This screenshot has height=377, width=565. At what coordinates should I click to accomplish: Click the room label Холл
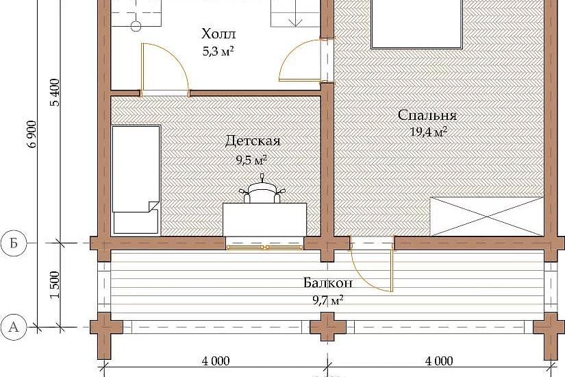click(x=218, y=34)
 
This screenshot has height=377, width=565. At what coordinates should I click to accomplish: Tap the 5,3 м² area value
click(x=218, y=51)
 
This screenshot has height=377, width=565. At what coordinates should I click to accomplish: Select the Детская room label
click(x=253, y=141)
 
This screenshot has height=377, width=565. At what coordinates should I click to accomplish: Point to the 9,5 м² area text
click(x=251, y=160)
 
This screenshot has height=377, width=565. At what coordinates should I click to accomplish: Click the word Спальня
click(x=427, y=115)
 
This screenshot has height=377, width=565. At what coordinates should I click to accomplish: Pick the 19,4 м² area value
click(x=429, y=132)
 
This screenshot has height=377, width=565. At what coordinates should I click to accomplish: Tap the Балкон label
click(x=328, y=282)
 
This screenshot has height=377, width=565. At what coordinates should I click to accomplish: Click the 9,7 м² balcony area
click(x=328, y=300)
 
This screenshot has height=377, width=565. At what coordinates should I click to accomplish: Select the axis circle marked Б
click(x=14, y=243)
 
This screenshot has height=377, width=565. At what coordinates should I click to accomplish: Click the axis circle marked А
click(x=14, y=327)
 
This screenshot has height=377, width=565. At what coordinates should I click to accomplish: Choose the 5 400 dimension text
click(x=55, y=93)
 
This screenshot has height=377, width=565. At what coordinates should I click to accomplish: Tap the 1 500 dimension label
click(x=55, y=285)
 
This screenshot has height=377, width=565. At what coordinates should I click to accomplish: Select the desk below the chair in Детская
click(x=265, y=219)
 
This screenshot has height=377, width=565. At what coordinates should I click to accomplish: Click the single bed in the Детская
click(x=136, y=180)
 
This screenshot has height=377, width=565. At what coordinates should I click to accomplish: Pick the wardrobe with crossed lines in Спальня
click(x=487, y=217)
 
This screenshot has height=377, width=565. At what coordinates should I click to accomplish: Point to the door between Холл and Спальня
click(x=301, y=60)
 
